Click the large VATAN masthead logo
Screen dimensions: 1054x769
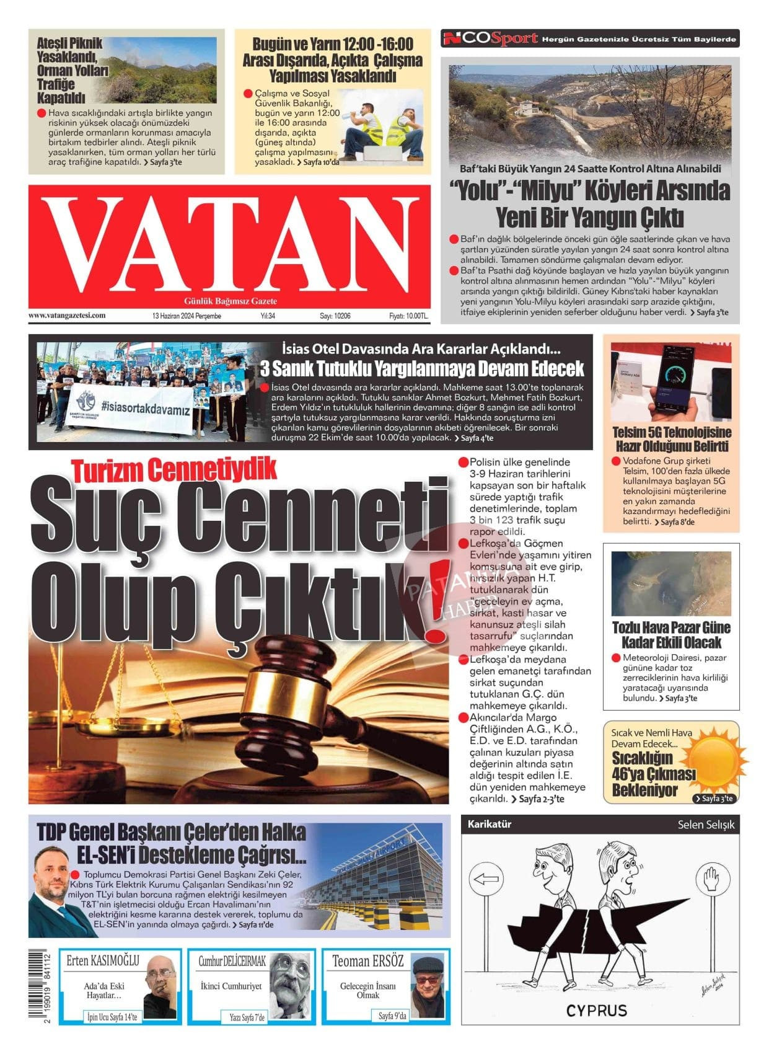pyautogui.click(x=229, y=244)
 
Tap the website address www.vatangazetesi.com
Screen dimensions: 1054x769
pyautogui.click(x=67, y=316)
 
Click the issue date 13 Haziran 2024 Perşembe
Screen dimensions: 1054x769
pyautogui.click(x=187, y=316)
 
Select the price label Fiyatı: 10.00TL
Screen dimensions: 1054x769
pyautogui.click(x=408, y=316)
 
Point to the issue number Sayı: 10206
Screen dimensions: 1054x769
pyautogui.click(x=335, y=316)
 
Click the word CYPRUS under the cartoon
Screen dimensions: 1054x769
pyautogui.click(x=596, y=1011)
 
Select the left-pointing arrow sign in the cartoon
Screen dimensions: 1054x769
pyautogui.click(x=485, y=879)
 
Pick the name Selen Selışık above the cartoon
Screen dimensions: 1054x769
pyautogui.click(x=706, y=825)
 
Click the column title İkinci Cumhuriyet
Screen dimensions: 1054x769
pyautogui.click(x=231, y=986)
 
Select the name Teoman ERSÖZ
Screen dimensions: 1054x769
pyautogui.click(x=367, y=962)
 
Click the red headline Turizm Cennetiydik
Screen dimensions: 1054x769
pyautogui.click(x=174, y=469)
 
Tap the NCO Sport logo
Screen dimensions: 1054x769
pyautogui.click(x=489, y=39)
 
